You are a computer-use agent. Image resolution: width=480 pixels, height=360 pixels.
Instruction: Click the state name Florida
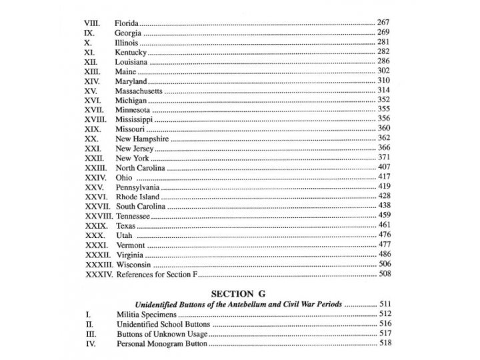point(129,23)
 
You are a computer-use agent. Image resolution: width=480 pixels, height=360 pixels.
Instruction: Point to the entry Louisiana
point(132,61)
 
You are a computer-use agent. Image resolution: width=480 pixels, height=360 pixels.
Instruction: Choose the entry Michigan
point(131,100)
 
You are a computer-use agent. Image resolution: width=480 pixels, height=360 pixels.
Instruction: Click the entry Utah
point(125,235)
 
